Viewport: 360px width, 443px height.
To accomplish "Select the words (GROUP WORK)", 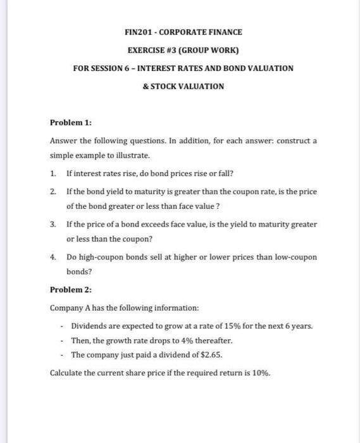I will pyautogui.click(x=208, y=49).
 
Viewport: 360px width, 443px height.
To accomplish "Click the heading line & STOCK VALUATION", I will pyautogui.click(x=183, y=85).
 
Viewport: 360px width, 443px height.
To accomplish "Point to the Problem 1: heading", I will pyautogui.click(x=71, y=123).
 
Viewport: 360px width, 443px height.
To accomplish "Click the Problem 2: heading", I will pyautogui.click(x=71, y=290).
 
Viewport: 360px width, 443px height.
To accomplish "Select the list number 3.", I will pyautogui.click(x=54, y=224).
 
